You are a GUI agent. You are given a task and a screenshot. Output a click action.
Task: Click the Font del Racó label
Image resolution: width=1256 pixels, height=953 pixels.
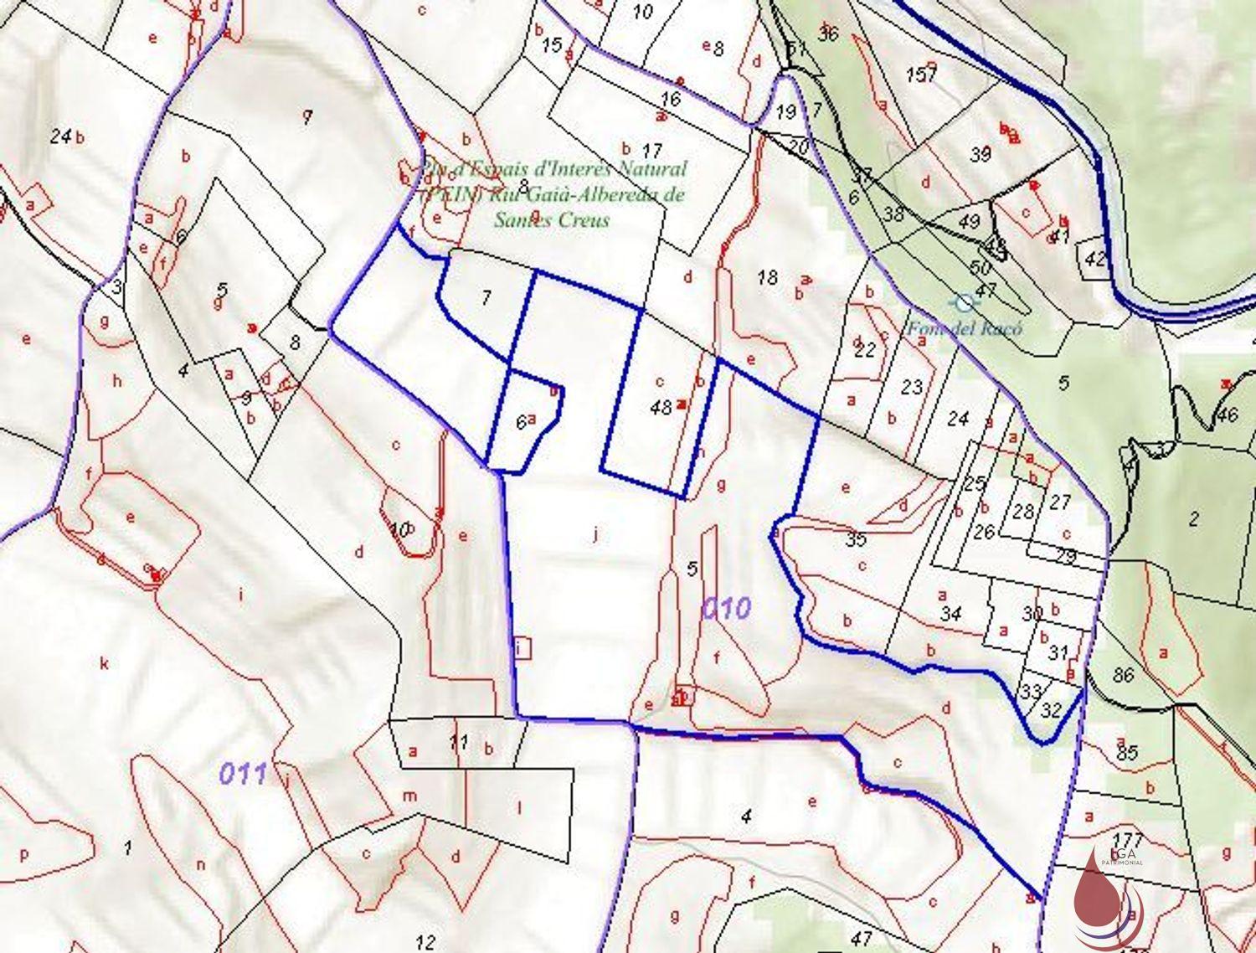965,327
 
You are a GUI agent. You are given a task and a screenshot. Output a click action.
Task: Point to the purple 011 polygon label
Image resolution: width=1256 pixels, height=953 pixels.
243,773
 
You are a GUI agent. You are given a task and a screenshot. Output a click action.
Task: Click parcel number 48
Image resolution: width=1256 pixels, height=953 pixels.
661,407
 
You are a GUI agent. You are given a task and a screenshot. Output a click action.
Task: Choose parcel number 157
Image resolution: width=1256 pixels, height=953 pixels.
920,75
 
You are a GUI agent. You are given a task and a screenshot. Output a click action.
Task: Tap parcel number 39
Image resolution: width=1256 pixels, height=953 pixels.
981,154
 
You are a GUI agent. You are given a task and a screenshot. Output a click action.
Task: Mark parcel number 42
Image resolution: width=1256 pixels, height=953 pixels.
1094,258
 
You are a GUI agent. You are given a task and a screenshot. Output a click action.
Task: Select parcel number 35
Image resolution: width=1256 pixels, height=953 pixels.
856,539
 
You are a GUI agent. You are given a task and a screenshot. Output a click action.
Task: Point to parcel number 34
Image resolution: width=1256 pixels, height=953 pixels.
950,614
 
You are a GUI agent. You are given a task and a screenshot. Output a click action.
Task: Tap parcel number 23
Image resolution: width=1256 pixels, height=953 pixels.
912,386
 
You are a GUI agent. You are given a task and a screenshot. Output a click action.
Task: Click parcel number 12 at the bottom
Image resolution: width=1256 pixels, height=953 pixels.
425,941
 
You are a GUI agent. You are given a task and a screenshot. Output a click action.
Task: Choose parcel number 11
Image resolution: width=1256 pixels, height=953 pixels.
457,740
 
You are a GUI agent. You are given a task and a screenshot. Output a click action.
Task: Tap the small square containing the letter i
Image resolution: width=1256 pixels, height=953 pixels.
523,647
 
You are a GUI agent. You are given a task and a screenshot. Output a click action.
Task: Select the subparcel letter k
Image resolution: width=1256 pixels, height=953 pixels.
105,664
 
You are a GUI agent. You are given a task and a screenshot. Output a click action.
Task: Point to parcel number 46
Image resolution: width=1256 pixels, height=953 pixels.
1228,414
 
